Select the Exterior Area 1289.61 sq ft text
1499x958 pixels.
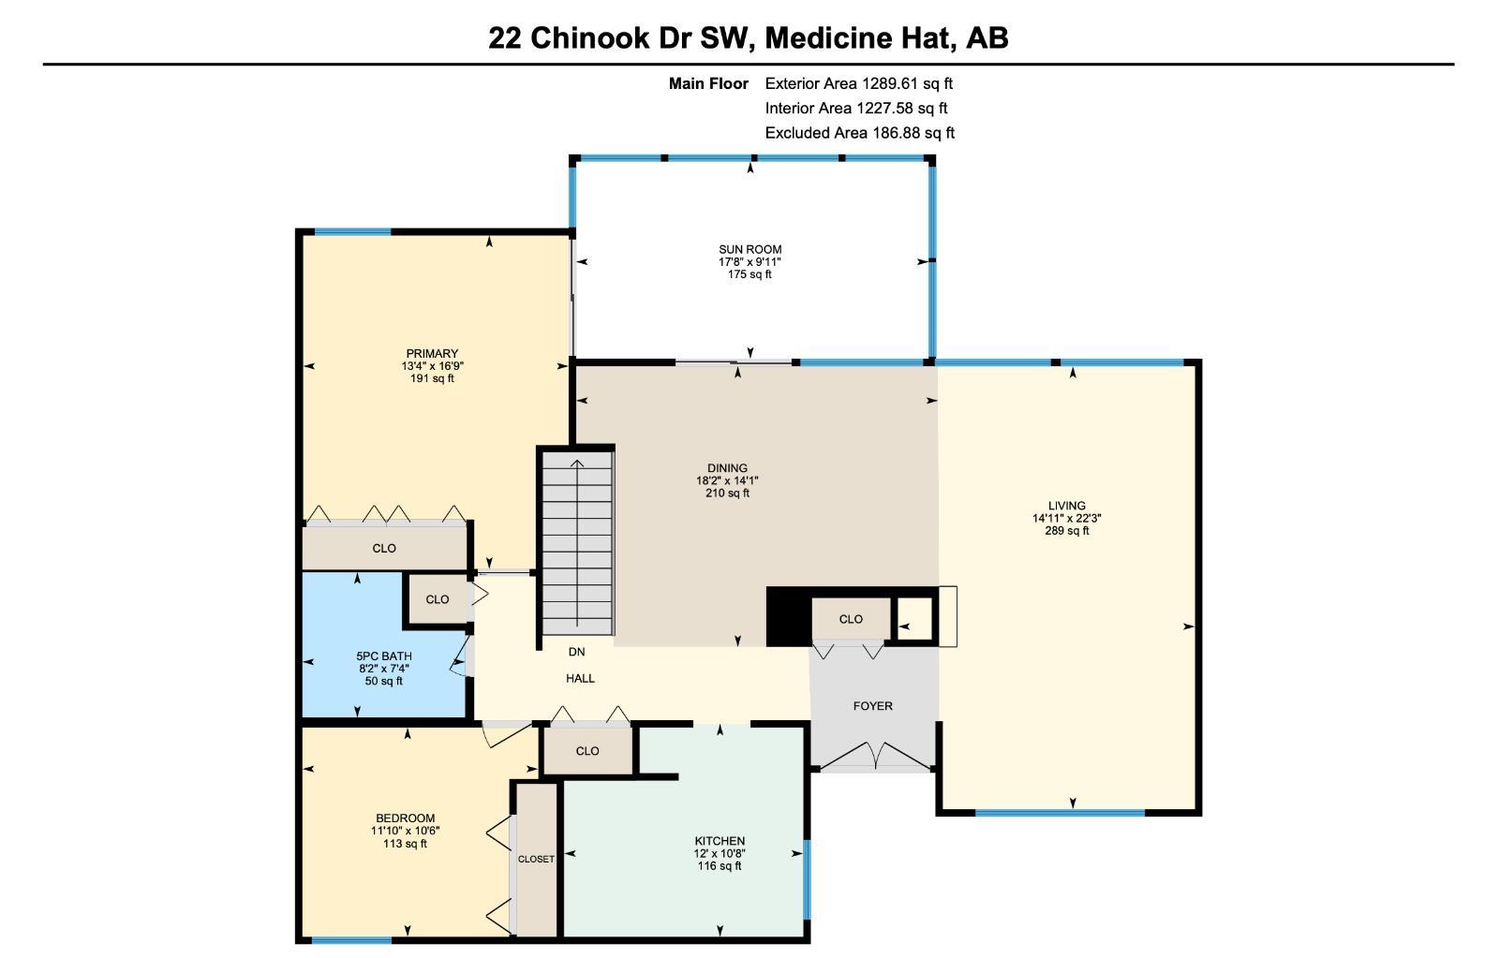click(858, 83)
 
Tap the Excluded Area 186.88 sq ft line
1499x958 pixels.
click(859, 133)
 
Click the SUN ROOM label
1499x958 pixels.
click(749, 249)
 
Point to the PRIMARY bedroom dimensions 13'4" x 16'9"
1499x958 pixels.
click(432, 366)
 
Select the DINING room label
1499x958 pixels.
click(727, 468)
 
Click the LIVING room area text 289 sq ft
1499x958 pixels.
click(1066, 531)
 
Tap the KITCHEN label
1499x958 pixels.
click(720, 841)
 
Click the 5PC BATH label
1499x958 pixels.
click(383, 656)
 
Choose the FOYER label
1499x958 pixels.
click(872, 706)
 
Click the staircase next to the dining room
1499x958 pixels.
click(578, 543)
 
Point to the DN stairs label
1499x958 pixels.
click(576, 652)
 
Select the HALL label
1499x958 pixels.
click(580, 678)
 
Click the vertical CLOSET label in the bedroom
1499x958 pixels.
click(536, 859)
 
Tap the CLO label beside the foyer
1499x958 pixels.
click(851, 619)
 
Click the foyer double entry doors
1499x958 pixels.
click(873, 755)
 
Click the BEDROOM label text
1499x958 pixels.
click(405, 818)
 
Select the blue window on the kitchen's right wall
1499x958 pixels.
click(806, 879)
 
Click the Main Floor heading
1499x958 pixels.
click(708, 83)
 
